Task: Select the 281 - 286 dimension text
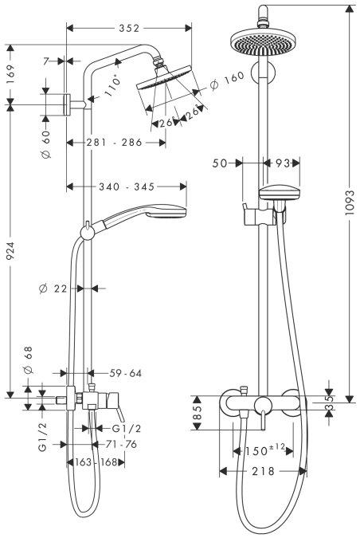(115, 143)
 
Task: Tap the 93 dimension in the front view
(281, 163)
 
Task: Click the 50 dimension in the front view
(221, 163)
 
